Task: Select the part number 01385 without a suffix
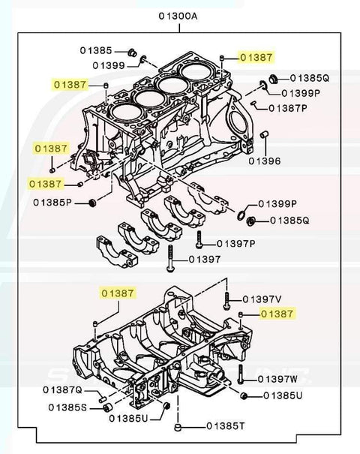point(96,50)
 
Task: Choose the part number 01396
point(265,161)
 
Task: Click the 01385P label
point(52,203)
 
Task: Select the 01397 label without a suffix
point(204,259)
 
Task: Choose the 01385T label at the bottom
point(220,426)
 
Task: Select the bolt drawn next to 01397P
point(199,239)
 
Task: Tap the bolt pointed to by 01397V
point(226,302)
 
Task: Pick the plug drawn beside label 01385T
point(177,426)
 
